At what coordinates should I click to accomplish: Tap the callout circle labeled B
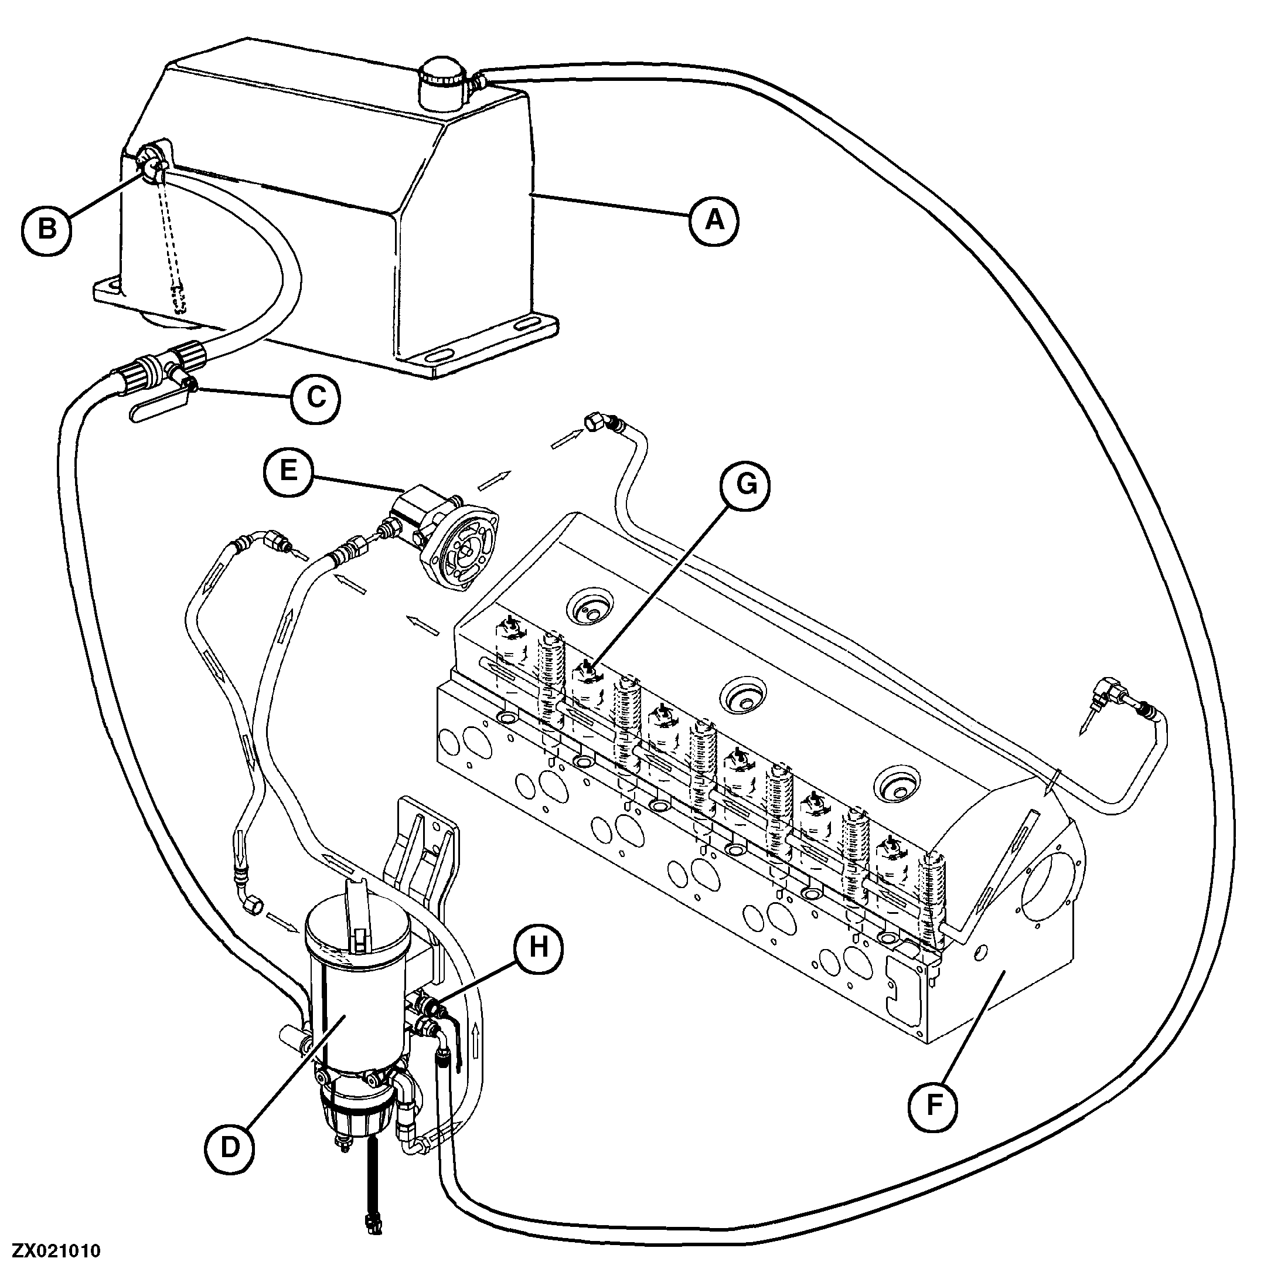(46, 230)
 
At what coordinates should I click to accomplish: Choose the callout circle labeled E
(289, 470)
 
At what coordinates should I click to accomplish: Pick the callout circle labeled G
(746, 485)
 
